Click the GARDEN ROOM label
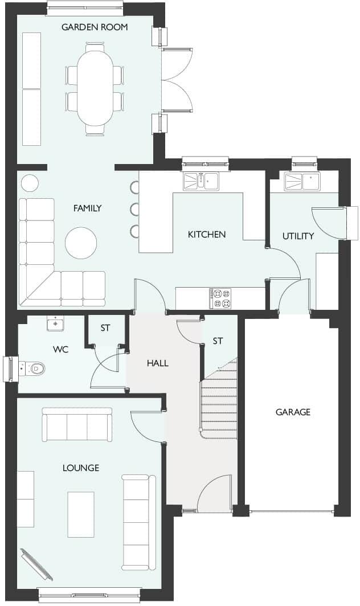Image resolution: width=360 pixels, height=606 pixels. (x=95, y=27)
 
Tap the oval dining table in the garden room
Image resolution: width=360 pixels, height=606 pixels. (x=95, y=88)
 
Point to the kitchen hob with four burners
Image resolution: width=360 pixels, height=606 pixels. (x=220, y=297)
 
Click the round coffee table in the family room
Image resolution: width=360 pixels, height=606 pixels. (x=81, y=243)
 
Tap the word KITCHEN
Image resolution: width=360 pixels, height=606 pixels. (x=207, y=234)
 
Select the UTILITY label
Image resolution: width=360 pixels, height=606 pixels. (x=298, y=236)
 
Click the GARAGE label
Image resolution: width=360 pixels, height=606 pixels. (x=293, y=412)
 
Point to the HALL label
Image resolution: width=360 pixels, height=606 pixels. (x=157, y=363)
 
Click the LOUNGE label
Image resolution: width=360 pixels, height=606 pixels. (x=80, y=468)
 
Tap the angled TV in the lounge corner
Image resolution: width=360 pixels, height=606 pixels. (x=37, y=564)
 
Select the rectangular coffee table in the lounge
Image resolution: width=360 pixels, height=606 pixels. (x=80, y=514)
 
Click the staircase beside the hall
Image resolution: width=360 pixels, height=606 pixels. (x=219, y=399)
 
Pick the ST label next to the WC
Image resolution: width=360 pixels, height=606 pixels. (x=105, y=328)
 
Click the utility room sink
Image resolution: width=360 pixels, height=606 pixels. (x=302, y=182)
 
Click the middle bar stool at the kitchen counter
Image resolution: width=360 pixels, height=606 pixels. (x=134, y=209)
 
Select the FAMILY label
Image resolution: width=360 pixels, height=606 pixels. (x=87, y=208)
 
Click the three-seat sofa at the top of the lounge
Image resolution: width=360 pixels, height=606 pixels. (x=77, y=424)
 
